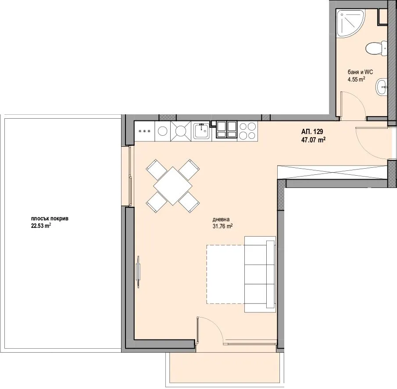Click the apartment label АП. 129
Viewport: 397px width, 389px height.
(x=312, y=131)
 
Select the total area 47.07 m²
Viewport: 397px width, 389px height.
(x=313, y=140)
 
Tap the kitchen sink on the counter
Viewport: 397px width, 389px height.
(x=201, y=131)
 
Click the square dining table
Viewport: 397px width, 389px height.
(x=173, y=186)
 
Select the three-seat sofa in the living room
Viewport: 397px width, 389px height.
(x=260, y=274)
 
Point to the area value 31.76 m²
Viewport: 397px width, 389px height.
(x=222, y=226)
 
